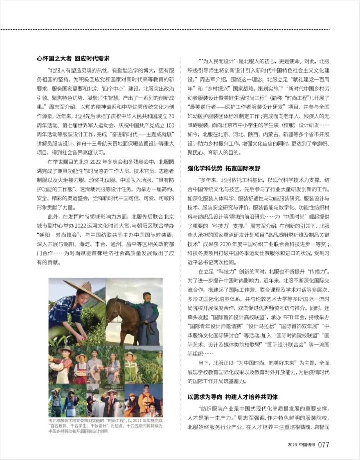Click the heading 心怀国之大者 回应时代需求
(x=73, y=59)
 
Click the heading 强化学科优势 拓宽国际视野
(x=224, y=168)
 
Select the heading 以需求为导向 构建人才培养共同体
(x=232, y=397)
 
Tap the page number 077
(x=324, y=445)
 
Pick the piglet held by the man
(x=99, y=368)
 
